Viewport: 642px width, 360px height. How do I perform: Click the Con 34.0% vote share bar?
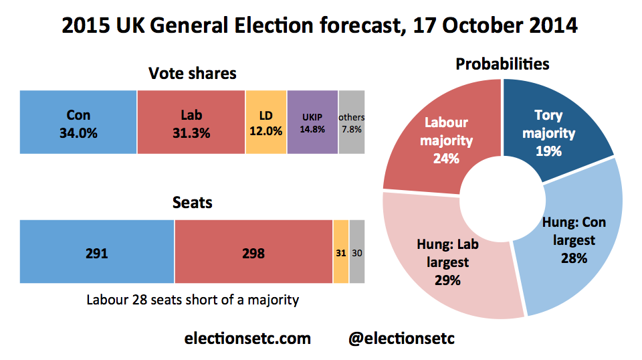78,122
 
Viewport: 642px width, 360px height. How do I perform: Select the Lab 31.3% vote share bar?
191,122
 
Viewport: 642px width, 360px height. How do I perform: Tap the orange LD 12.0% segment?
266,122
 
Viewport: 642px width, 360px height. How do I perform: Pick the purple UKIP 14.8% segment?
312,122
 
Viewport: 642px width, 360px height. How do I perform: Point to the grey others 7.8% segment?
352,122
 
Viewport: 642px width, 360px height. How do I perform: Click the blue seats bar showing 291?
97,251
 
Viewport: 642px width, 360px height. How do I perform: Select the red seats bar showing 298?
253,251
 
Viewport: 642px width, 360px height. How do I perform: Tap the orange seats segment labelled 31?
341,251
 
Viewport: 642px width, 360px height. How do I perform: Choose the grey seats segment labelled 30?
357,251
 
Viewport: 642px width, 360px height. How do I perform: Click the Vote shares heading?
193,73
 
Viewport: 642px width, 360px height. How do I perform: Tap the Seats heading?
193,201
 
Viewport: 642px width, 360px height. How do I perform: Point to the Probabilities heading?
502,64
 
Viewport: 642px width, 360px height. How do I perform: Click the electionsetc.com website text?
247,339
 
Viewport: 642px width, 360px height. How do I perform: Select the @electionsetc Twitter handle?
401,339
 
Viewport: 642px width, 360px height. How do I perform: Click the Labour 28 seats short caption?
193,300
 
